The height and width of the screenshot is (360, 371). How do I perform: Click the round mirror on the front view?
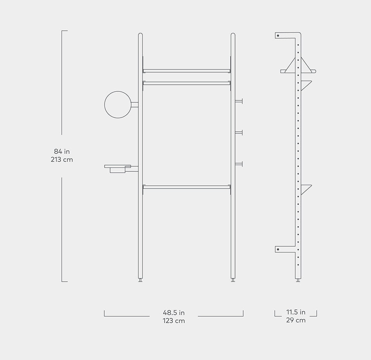point(118,104)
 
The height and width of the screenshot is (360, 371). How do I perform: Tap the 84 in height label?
point(62,151)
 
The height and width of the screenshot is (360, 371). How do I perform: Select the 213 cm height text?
point(62,160)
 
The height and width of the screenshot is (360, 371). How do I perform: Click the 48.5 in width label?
point(174,313)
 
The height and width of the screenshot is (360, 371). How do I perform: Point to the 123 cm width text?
point(174,321)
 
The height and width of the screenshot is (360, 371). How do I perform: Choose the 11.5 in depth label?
point(296,312)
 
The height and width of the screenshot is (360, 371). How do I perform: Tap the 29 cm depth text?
point(296,320)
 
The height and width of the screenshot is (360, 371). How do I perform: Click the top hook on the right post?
point(239,102)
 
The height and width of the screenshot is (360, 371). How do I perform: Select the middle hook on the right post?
point(239,133)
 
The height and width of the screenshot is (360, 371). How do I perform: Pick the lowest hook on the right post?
point(239,164)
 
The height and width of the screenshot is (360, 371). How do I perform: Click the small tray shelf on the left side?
point(118,168)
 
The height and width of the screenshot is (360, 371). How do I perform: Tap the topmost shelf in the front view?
point(186,71)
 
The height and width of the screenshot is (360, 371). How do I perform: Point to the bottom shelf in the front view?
point(186,187)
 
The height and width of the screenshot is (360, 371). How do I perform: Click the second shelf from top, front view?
point(186,83)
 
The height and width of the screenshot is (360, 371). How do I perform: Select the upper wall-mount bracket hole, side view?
point(278,36)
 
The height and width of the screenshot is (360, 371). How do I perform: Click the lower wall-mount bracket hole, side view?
point(278,249)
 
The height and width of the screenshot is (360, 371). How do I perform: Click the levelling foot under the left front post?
point(140,280)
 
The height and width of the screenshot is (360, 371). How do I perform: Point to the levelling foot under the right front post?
point(233,280)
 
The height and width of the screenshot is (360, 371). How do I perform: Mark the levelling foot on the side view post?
point(298,280)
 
